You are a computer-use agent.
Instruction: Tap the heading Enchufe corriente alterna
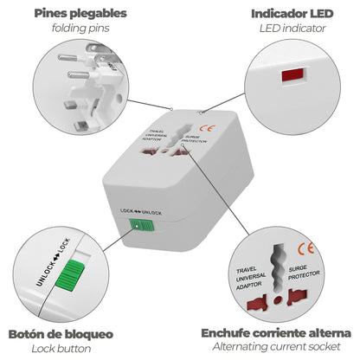275,332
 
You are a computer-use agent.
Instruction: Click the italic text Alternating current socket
275,348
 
